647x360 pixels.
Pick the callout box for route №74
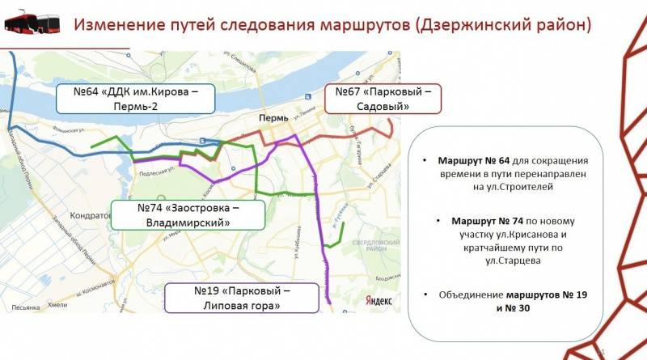coord(190,214)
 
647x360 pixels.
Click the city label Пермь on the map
coord(273,118)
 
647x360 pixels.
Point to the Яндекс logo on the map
coord(378,300)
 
